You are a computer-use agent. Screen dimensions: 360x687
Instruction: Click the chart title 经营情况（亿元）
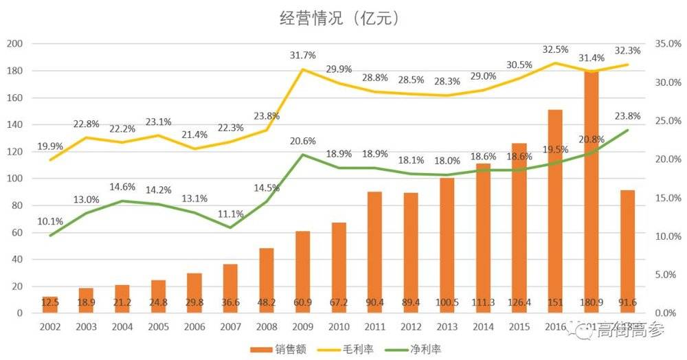339,19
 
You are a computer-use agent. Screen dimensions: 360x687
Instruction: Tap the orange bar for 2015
519,227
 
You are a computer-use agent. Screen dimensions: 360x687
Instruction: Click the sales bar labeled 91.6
627,251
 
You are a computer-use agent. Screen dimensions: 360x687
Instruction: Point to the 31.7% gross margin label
303,55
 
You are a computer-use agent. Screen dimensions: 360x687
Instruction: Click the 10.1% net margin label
51,221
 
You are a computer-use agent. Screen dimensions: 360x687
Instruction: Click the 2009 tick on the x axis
303,328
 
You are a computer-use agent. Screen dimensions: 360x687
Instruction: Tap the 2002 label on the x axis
50,328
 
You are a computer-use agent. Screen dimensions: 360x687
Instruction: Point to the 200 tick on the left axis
14,44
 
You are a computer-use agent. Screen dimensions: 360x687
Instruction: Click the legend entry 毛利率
346,348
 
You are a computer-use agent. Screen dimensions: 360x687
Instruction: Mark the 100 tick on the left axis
14,179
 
